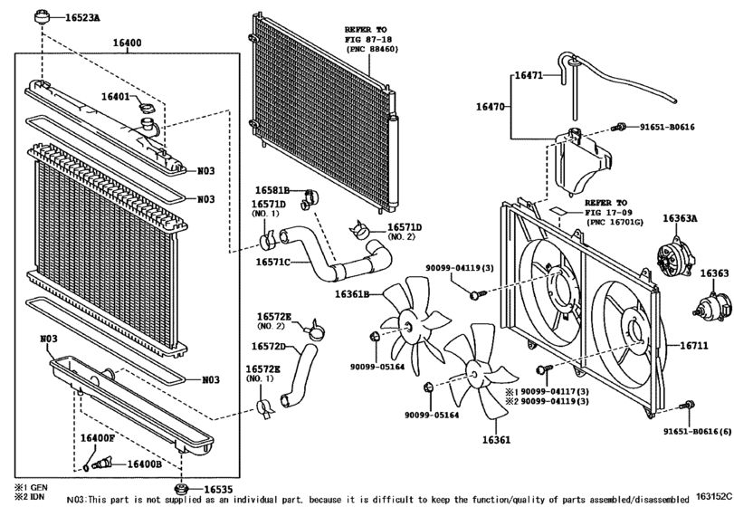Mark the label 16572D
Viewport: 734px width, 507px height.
[x=269, y=347]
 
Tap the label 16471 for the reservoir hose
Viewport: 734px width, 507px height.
[x=529, y=75]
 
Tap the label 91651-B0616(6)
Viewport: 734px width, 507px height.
[x=696, y=433]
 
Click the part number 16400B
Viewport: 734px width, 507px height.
[x=144, y=464]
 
